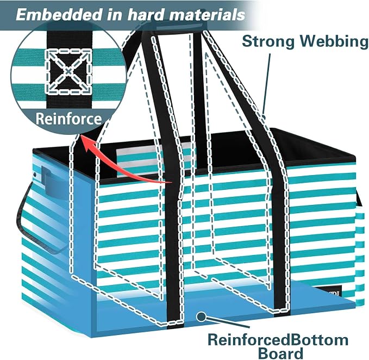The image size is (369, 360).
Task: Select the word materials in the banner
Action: (207, 15)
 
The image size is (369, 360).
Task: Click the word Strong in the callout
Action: (268, 41)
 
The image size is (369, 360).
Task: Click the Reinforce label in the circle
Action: (68, 119)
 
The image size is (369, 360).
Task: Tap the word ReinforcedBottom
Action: (278, 340)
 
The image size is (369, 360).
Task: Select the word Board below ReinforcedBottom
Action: (280, 353)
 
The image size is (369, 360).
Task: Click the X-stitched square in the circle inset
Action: (68, 71)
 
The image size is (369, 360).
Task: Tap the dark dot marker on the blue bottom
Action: (201, 316)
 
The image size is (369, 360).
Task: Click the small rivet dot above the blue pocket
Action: (35, 175)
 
